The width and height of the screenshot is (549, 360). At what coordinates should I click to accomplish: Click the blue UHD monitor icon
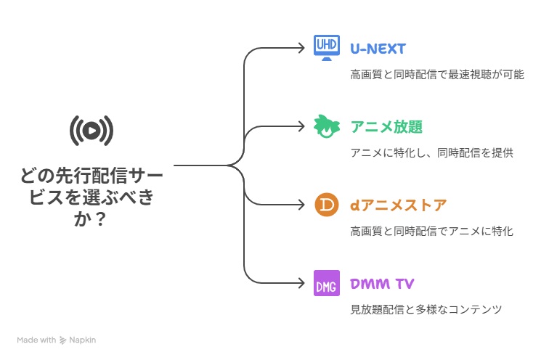point(326,48)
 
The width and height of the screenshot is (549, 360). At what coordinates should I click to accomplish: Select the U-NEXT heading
point(378,49)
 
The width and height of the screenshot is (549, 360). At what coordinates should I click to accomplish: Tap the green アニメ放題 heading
point(386,126)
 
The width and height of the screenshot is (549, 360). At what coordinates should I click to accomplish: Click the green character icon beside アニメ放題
point(327,126)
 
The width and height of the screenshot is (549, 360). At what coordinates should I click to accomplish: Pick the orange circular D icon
point(327,205)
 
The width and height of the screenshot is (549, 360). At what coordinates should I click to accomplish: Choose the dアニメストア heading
point(399,205)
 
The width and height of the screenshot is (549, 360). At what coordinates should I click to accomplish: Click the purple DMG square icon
point(327,283)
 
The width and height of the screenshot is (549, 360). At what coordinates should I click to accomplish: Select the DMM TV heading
point(382,283)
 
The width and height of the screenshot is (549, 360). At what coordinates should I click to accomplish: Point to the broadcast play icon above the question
point(91,131)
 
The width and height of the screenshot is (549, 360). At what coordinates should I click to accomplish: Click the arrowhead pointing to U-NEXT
point(302,48)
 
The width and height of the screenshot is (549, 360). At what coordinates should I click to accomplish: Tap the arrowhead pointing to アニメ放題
point(302,126)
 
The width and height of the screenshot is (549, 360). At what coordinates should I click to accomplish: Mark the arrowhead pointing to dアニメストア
point(302,205)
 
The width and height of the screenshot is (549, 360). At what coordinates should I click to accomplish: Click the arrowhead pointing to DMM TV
point(302,283)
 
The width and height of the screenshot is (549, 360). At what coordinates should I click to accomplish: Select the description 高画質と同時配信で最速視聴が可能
point(437,75)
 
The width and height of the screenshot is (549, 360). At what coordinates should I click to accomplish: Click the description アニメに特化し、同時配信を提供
point(431,153)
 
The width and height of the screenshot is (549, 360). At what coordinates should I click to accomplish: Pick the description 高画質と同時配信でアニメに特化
point(431,232)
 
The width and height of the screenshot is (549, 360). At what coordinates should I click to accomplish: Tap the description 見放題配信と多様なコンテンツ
point(426,310)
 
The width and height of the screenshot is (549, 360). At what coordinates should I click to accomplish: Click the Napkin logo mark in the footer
point(62,340)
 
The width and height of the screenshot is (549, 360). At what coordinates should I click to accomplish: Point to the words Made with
point(36,340)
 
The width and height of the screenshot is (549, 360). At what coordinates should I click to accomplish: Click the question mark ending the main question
point(100,219)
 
